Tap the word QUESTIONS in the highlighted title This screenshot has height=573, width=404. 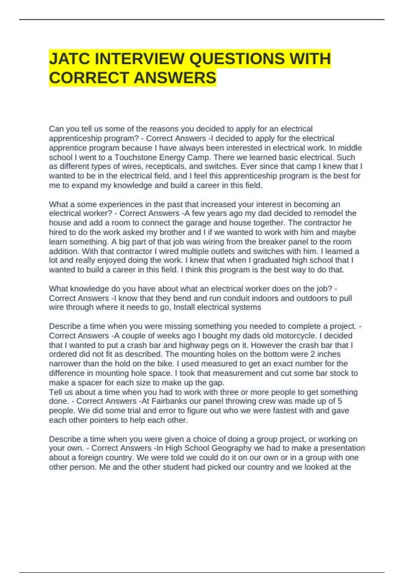pos(237,59)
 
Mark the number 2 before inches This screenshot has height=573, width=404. pos(313,354)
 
